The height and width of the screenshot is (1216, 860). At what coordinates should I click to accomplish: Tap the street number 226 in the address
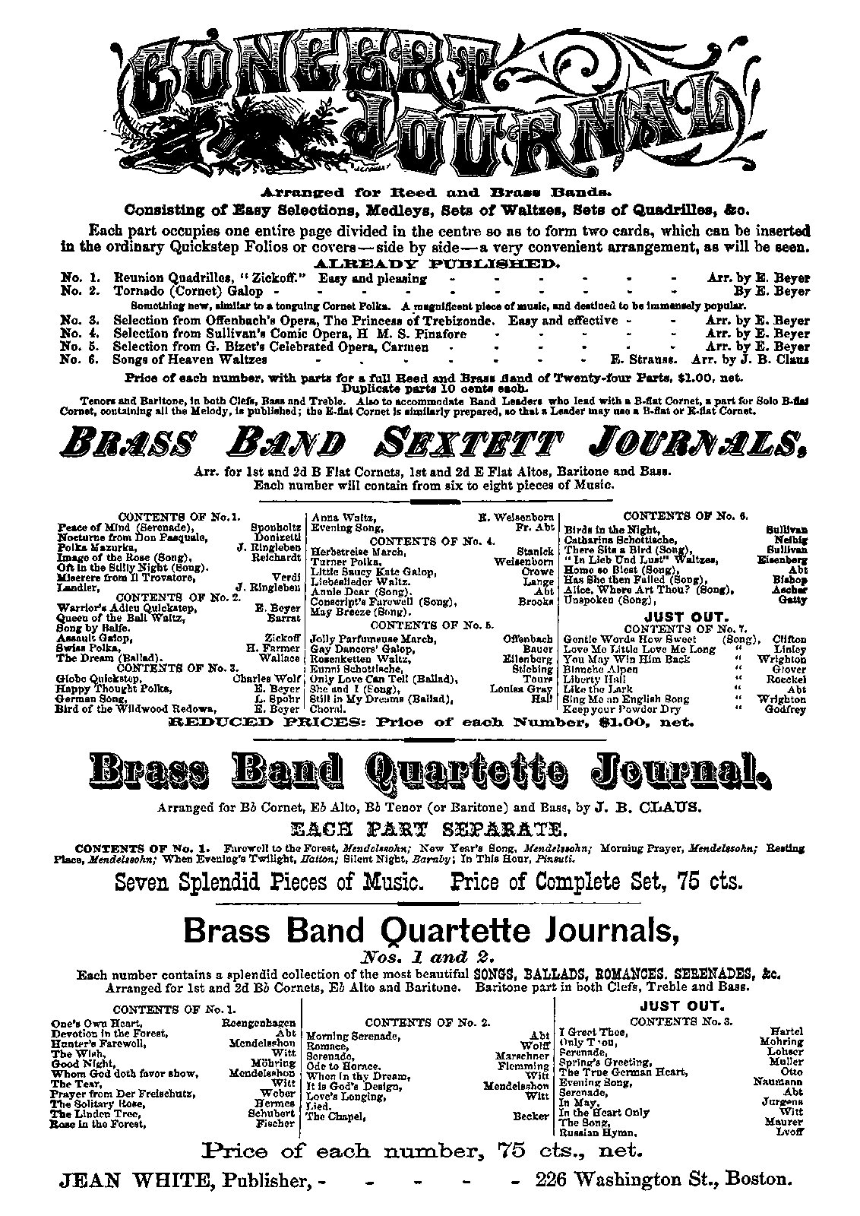pos(552,1180)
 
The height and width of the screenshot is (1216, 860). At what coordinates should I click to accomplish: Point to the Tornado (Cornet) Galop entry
pos(188,291)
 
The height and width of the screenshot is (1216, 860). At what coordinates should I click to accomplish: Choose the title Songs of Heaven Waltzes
pos(189,360)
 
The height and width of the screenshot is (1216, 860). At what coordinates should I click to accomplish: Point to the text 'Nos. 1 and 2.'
pos(430,956)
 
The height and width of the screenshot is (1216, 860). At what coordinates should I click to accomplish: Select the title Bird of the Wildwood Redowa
pos(125,708)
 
